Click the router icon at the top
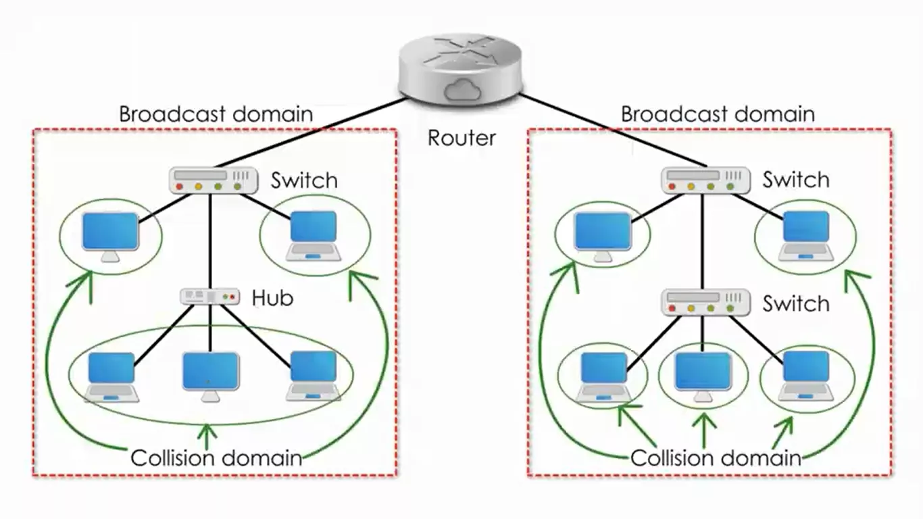(461, 69)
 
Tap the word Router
(461, 138)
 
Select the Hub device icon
(210, 297)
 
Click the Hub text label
(272, 297)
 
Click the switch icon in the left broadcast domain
(214, 180)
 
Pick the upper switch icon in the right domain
(705, 180)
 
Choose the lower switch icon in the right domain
(705, 303)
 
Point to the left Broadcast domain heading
(216, 114)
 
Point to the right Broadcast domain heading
(718, 114)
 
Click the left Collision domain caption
(216, 458)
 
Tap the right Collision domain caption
(716, 458)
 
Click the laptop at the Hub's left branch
(111, 377)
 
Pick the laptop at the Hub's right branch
(314, 376)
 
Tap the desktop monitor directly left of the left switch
(110, 237)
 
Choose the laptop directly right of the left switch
(314, 236)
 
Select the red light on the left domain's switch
(179, 187)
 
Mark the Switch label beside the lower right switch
(796, 304)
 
